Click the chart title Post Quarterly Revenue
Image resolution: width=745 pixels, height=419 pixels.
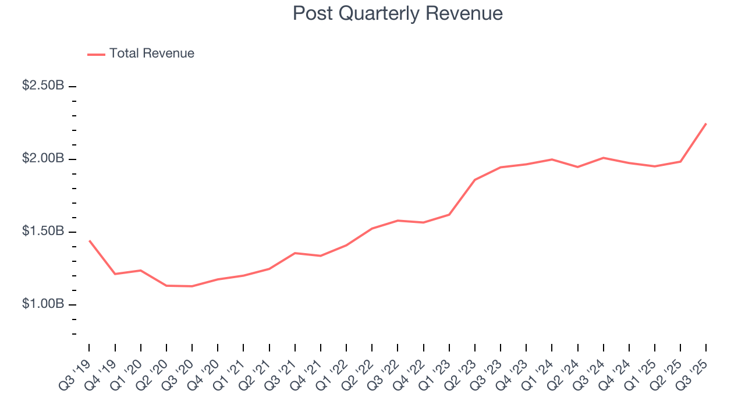(398, 13)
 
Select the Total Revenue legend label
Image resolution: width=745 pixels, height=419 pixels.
(151, 54)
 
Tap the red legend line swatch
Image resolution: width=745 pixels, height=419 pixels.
(96, 54)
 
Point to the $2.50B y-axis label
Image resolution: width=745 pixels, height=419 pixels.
(43, 86)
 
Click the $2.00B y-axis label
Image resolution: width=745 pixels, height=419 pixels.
(43, 158)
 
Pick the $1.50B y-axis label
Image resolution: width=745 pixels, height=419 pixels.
(43, 231)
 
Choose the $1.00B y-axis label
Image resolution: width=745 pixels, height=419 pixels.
(43, 304)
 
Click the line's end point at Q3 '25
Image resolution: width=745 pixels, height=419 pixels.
(706, 123)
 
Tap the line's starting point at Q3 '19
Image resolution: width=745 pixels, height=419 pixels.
(89, 240)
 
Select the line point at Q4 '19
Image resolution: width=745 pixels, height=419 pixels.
(115, 274)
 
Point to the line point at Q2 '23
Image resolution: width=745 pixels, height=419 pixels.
(475, 180)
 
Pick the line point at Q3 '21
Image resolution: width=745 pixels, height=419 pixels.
(295, 253)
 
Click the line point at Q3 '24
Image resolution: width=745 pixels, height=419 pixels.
(604, 158)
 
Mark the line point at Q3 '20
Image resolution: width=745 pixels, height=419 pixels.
(192, 286)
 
